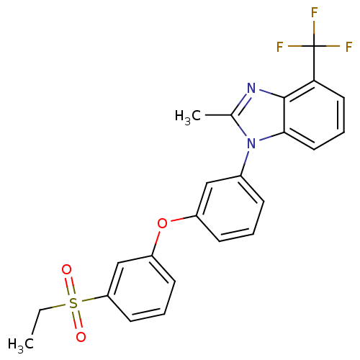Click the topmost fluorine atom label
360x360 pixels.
pos(314,12)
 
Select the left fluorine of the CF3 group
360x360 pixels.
pos(280,47)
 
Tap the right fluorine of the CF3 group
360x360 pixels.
pos(348,47)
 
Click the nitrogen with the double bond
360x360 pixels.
pos(251,88)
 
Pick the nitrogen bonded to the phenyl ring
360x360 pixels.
pos(251,143)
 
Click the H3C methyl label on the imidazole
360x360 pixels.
pos(188,117)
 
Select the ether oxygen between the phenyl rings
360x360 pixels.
pos(162,224)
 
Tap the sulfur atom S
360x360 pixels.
pos(73,303)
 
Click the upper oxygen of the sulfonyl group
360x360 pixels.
pos(66,269)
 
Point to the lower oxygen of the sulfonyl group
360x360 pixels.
pos(81,337)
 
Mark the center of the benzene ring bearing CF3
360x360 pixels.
pos(315,115)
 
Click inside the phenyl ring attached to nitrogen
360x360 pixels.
pos(230,209)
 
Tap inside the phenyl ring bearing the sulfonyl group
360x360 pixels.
pos(141,289)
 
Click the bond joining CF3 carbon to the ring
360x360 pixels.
pos(314,63)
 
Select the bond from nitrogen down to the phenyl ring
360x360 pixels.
pos(246,163)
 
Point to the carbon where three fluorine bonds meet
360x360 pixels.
pos(314,46)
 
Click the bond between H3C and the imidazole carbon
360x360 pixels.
pos(218,115)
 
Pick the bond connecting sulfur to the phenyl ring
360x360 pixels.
pos(94,299)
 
